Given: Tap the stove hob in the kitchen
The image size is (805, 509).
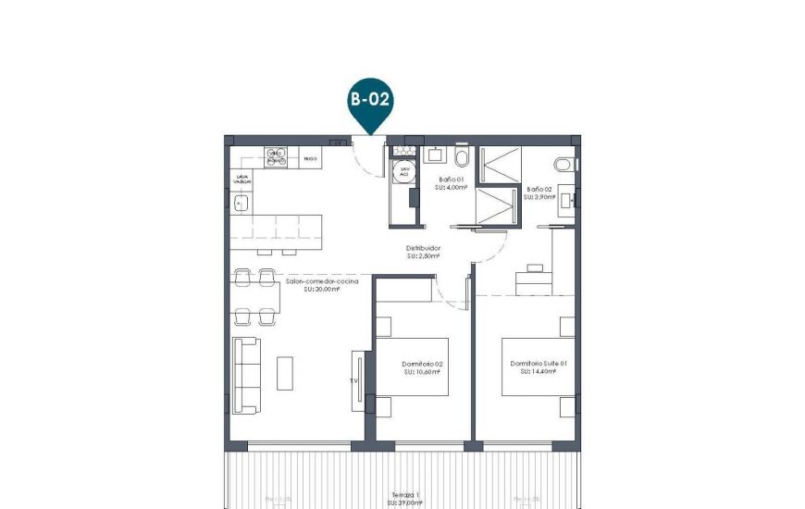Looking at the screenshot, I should click(276, 157).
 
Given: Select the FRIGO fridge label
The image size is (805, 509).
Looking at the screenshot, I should click(310, 159).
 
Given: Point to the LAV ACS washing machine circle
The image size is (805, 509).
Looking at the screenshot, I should click(403, 171).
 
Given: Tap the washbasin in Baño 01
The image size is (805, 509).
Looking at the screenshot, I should click(434, 153).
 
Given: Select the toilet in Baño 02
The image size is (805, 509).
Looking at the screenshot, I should click(563, 163).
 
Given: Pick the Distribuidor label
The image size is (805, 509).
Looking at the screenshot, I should click(423, 248).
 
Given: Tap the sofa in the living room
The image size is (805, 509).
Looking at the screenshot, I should click(246, 375).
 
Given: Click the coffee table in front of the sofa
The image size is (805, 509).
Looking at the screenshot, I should click(285, 373).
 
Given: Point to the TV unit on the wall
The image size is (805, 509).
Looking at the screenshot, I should click(356, 379).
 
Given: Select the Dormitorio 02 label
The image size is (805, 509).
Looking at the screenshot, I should click(423, 364).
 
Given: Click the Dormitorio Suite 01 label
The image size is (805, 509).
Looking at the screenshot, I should click(538, 364).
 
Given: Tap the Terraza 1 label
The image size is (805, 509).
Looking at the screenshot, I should click(400, 495).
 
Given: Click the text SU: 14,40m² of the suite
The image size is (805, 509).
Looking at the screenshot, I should click(538, 372).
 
